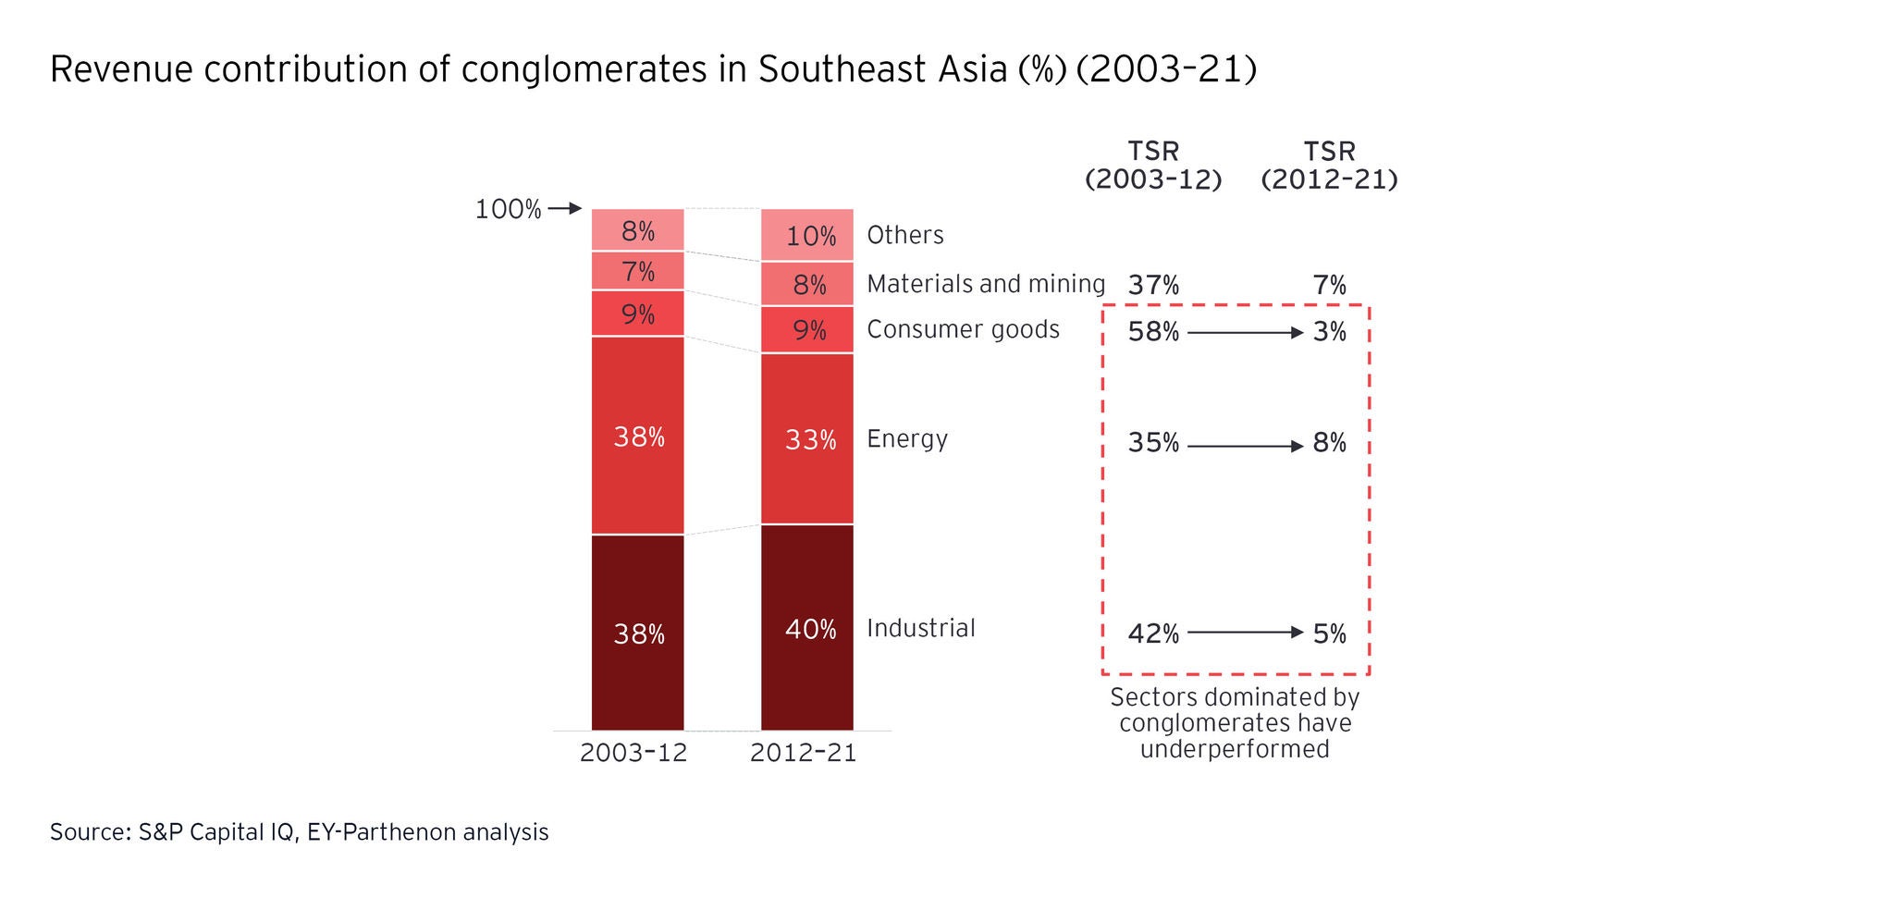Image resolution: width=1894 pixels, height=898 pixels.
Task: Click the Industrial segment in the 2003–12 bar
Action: coord(637,633)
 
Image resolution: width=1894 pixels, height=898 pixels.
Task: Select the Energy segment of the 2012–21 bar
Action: coord(806,438)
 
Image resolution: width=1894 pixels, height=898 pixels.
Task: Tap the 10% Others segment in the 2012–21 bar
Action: coord(806,235)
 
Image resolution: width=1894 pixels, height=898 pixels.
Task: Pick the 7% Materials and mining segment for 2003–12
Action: coord(637,271)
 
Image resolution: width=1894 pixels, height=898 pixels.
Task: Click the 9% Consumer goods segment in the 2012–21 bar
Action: coord(806,329)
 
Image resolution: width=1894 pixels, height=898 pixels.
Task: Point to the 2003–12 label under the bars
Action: coord(633,753)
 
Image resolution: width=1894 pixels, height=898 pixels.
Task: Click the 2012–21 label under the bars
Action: coord(803,753)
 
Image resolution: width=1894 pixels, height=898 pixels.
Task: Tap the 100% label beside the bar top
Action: coord(508,210)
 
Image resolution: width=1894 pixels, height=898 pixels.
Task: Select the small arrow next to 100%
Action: coord(565,209)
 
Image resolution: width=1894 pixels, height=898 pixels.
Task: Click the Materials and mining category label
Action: coord(985,284)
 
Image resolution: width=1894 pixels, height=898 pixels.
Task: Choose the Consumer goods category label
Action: coord(963,330)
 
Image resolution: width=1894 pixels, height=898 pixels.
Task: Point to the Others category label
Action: coord(904,235)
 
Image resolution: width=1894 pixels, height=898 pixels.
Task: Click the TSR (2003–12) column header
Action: coord(1153,166)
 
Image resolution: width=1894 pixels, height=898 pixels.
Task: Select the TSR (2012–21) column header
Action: coord(1329,166)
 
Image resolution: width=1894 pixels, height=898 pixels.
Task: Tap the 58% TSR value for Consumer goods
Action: coord(1153,332)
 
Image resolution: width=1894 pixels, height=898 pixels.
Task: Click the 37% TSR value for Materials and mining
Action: coord(1153,286)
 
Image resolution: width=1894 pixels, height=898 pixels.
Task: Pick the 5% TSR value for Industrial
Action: coord(1329,634)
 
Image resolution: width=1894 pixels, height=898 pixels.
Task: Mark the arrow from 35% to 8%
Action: coord(1245,446)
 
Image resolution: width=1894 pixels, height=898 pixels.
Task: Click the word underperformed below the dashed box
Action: coord(1235,748)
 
